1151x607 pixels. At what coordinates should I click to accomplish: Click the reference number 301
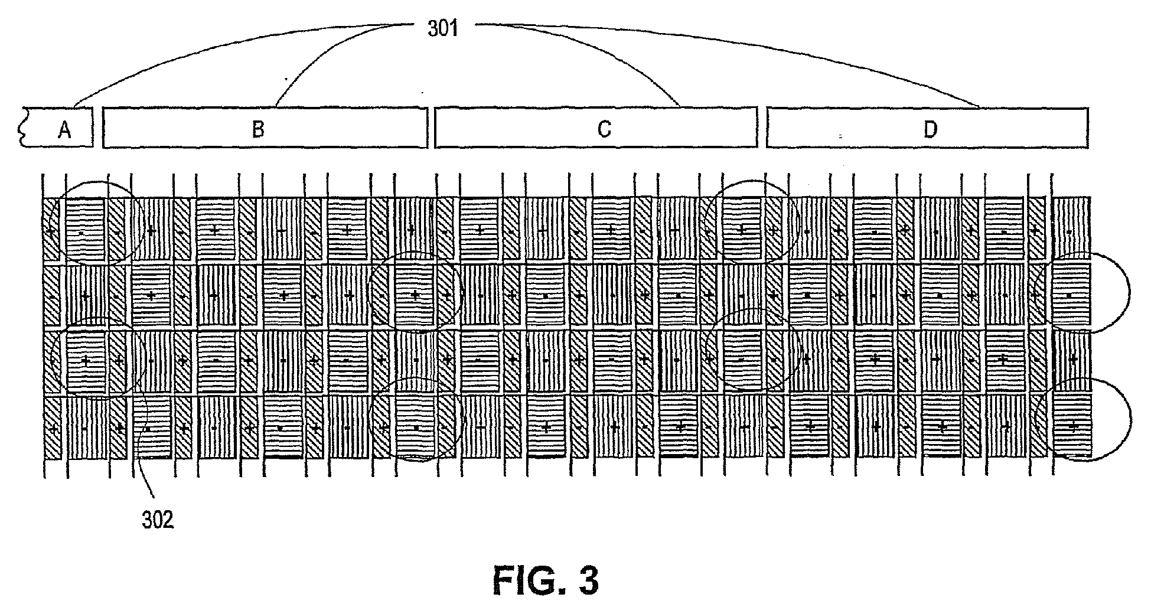[443, 28]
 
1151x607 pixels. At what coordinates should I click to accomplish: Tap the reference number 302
[158, 520]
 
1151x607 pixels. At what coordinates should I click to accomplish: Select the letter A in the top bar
[64, 129]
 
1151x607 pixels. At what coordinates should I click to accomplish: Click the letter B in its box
[258, 129]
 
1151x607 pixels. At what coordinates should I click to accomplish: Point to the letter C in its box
[604, 129]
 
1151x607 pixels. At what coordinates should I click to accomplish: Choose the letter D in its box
[930, 129]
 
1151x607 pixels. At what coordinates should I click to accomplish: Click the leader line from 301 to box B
[319, 59]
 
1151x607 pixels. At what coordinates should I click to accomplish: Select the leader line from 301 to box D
[768, 53]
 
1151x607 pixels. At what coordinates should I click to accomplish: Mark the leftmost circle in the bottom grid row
[416, 419]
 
